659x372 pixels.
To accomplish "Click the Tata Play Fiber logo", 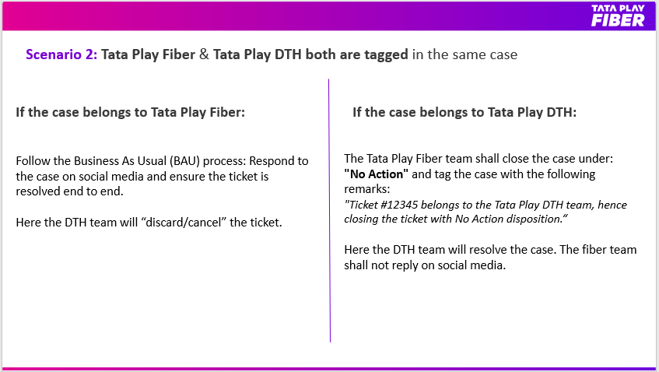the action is (x=618, y=16).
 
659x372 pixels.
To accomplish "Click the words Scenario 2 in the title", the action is (x=61, y=54).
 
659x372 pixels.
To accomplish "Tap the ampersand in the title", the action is (x=205, y=54).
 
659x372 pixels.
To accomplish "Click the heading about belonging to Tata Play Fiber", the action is (x=130, y=113).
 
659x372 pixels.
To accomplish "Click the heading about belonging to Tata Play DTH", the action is (x=464, y=113).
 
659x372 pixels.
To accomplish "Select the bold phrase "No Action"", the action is (x=376, y=174).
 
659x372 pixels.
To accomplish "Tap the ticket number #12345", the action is (x=399, y=205).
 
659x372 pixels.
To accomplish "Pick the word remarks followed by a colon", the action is (x=367, y=190).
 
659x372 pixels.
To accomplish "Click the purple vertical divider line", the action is (x=330, y=210).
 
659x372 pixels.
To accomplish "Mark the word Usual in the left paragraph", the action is (x=151, y=161).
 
